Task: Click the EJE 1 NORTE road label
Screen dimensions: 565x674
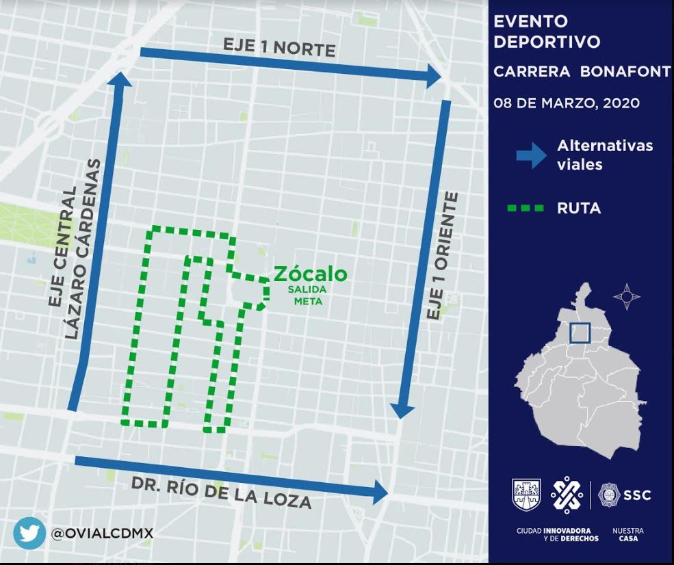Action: tap(279, 47)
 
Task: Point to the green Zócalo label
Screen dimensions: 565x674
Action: tap(310, 274)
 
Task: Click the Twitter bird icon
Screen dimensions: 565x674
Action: tap(29, 534)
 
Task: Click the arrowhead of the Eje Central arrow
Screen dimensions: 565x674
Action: tap(123, 80)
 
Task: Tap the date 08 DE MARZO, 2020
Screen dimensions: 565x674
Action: tap(567, 104)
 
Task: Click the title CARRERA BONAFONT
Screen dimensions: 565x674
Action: tap(582, 72)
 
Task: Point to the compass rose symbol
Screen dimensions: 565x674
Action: tap(627, 297)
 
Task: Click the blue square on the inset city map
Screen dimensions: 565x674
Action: tap(580, 332)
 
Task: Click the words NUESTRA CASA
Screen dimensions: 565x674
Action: tap(628, 534)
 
